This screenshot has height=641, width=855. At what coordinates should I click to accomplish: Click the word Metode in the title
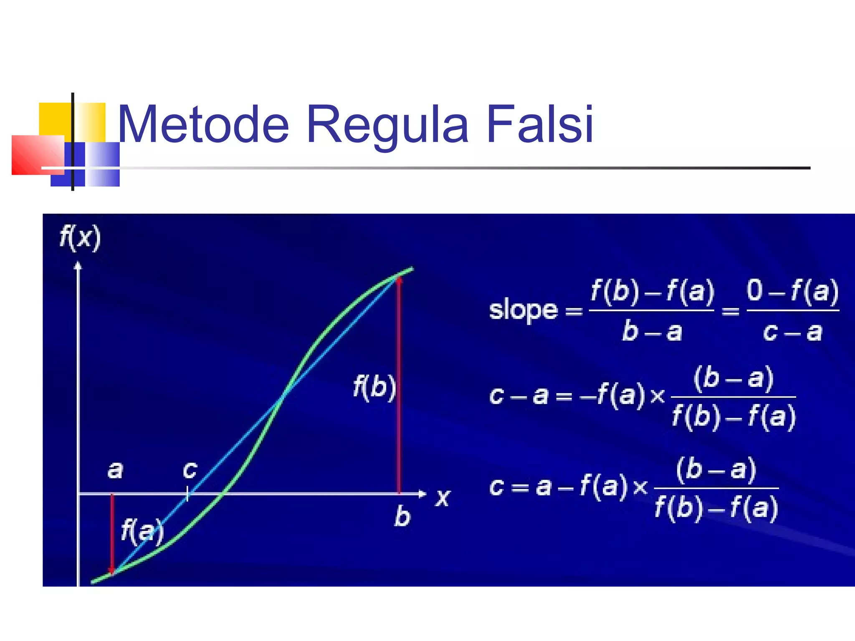coord(203,124)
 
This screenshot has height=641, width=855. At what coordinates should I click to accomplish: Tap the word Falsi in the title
coord(539,124)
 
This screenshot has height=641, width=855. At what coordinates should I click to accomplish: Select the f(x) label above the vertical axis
coord(80,238)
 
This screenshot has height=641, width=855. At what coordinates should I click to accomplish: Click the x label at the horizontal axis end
coord(443,498)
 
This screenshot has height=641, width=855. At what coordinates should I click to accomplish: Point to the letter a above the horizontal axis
coord(115,470)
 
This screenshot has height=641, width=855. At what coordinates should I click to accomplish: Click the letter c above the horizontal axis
coord(190,470)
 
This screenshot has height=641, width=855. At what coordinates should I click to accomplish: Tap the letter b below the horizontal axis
coord(402,516)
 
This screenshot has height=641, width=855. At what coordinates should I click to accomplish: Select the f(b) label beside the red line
coord(374,387)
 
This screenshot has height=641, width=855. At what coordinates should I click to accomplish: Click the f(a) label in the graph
coord(142,531)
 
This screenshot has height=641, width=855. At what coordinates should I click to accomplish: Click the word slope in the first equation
coord(523,310)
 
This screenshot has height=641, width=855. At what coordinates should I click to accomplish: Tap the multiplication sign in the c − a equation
coord(658,396)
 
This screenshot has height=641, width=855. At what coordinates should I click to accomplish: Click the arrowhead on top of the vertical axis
coord(78,265)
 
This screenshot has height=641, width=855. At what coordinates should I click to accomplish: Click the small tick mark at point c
coord(187,494)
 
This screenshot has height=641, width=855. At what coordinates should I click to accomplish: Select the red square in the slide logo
coord(38,155)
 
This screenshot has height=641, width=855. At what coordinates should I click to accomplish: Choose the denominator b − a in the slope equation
coord(652,332)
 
